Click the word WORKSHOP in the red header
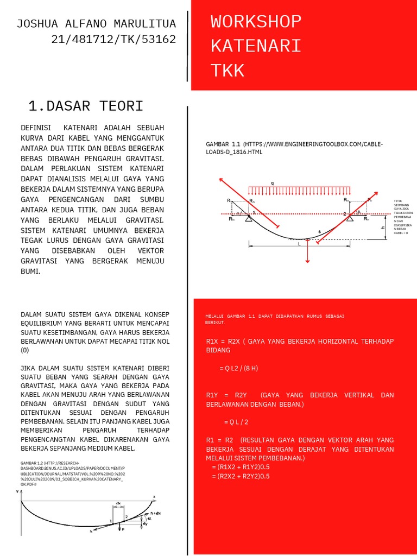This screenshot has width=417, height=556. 256,22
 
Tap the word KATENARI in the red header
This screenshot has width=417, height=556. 256,46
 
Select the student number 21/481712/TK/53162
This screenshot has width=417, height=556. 113,39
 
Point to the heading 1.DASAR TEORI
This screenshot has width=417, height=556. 85,105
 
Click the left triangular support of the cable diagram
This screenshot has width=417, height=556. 248,218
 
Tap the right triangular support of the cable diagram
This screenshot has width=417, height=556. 350,218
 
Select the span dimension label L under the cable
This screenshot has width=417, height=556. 299,244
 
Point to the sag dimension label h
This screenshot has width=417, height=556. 383,228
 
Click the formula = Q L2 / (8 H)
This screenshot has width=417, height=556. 238,368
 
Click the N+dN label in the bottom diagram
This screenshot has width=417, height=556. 155,513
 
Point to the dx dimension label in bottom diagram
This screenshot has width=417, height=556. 118,503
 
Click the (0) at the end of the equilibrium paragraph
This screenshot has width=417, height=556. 24,351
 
